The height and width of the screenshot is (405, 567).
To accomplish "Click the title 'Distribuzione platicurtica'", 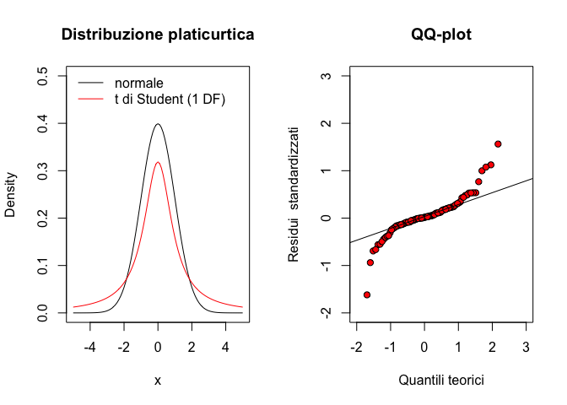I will pyautogui.click(x=158, y=35).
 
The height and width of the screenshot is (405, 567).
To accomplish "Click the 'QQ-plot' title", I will pyautogui.click(x=441, y=35).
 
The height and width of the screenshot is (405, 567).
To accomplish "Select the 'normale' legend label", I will pyautogui.click(x=138, y=84).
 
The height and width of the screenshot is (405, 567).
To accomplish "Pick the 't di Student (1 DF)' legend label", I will pyautogui.click(x=170, y=99).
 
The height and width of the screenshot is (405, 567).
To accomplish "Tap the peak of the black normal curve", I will pyautogui.click(x=158, y=124).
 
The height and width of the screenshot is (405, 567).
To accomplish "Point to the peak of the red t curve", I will pyautogui.click(x=158, y=163).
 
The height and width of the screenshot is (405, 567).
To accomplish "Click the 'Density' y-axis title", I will pyautogui.click(x=11, y=195).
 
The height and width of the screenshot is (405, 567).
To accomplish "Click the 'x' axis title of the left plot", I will pyautogui.click(x=158, y=381).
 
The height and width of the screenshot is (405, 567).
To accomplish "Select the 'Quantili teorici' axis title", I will pyautogui.click(x=441, y=381).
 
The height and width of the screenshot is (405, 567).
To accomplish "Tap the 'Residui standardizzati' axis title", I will pyautogui.click(x=294, y=195).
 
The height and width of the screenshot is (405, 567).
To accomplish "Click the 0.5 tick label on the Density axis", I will pyautogui.click(x=42, y=77).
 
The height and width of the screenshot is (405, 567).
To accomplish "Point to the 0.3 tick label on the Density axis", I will pyautogui.click(x=42, y=171).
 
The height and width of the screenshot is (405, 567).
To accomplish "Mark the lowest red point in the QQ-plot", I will pyautogui.click(x=367, y=294).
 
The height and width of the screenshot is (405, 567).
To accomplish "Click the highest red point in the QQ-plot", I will pyautogui.click(x=498, y=144).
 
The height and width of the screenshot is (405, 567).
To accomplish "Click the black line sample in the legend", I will pyautogui.click(x=92, y=84).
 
